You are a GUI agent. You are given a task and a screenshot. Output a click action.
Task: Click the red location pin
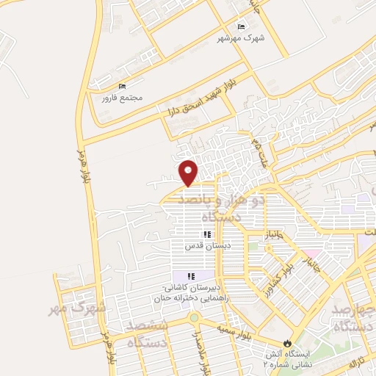click(189, 172)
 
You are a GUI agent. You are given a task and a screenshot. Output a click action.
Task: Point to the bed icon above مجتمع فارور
click(122, 86)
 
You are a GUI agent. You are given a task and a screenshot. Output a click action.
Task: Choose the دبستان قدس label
click(207, 246)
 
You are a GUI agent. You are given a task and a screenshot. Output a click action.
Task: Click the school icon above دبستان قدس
click(207, 235)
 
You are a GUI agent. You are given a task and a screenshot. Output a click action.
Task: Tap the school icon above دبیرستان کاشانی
click(192, 275)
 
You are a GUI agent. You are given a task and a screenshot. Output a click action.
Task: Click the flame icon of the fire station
click(286, 343)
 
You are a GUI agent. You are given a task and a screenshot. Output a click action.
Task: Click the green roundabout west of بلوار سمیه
click(194, 318)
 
